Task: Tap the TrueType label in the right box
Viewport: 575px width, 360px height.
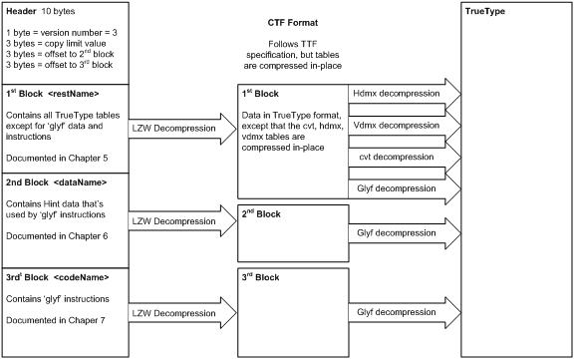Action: (488, 10)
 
